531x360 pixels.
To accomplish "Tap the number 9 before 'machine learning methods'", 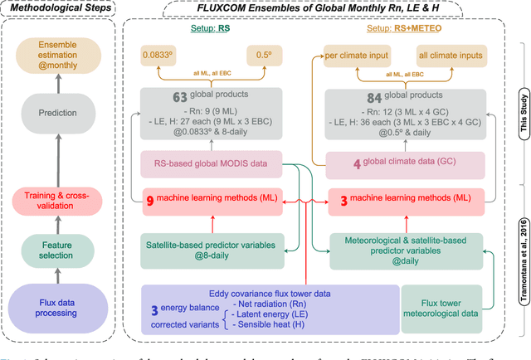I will tap(152, 200).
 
